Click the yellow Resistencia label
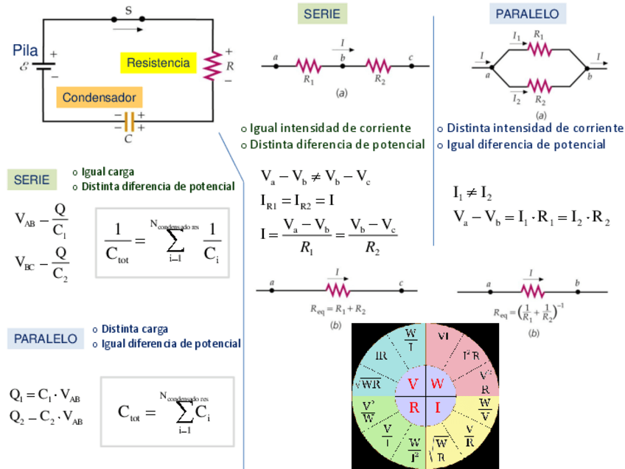158,63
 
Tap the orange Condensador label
99,97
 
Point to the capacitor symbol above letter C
129,120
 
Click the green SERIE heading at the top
322,14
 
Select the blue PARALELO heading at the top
526,13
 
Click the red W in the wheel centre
437,384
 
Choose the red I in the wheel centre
437,406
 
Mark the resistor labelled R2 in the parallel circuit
539,86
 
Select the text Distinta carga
135,329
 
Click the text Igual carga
108,172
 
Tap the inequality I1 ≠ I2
472,194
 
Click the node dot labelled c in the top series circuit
411,66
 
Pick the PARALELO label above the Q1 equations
46,338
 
